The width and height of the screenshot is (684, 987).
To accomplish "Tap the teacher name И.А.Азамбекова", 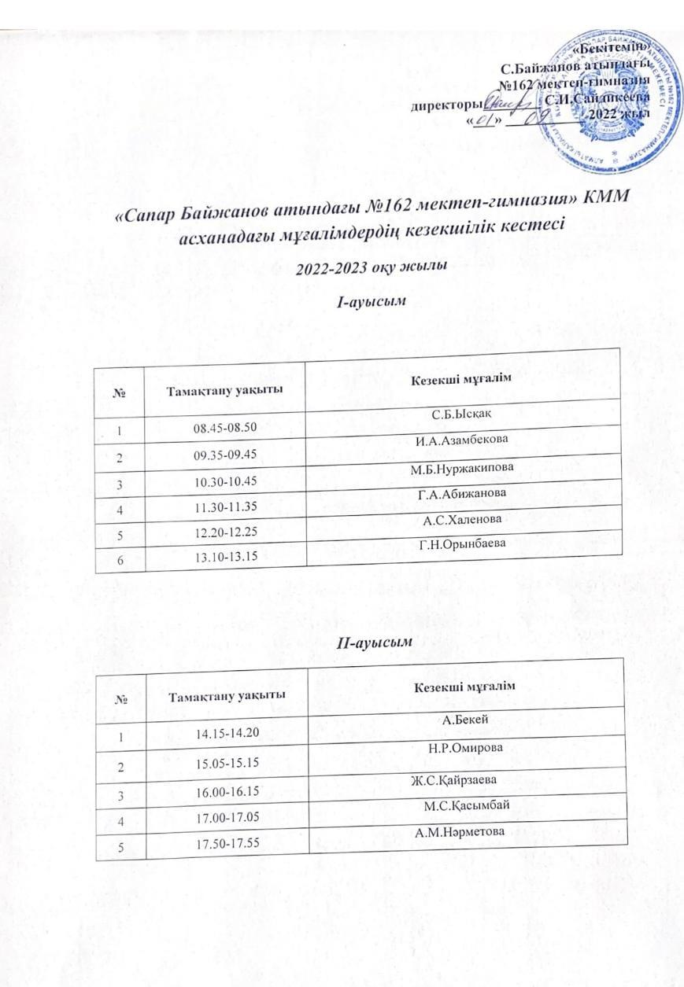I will [x=461, y=440].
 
